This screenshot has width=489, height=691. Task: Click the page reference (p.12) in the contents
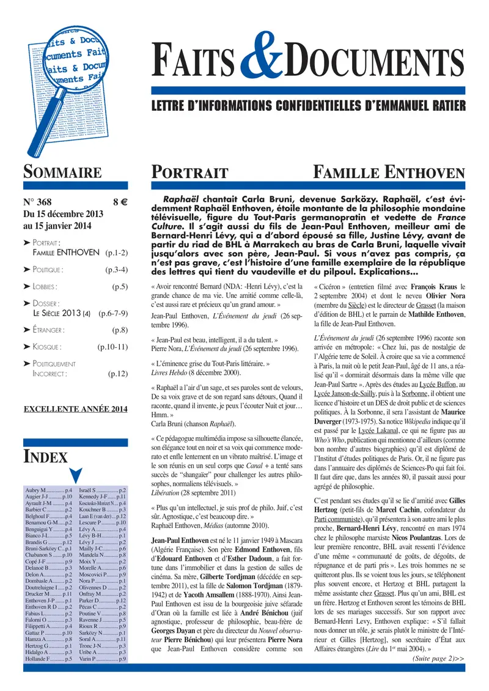click(x=117, y=373)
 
